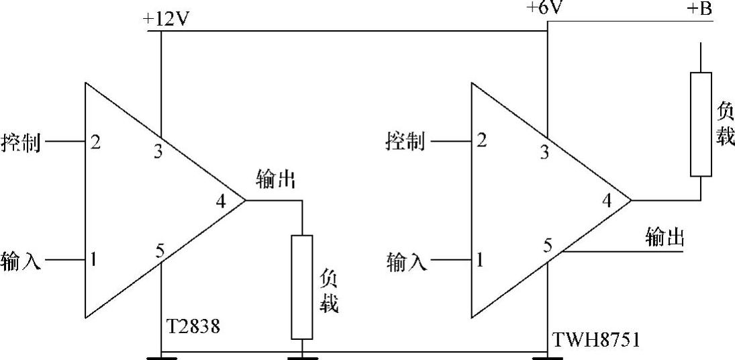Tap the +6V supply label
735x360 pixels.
pos(546,9)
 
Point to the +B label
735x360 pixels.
pos(703,10)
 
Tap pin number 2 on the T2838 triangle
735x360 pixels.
pos(96,142)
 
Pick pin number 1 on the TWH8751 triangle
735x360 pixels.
pos(480,259)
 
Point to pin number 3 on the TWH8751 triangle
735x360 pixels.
pos(544,152)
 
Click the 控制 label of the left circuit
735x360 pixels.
pos(21,143)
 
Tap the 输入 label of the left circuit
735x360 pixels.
pos(21,260)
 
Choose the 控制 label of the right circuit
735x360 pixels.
pos(405,142)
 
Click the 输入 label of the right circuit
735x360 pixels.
pos(406,261)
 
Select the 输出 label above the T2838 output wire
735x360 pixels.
pos(276,180)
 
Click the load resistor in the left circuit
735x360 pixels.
pos(301,287)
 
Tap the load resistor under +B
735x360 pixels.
pos(700,124)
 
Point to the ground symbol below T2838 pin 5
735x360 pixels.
pos(162,357)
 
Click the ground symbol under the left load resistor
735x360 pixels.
pos(302,357)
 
